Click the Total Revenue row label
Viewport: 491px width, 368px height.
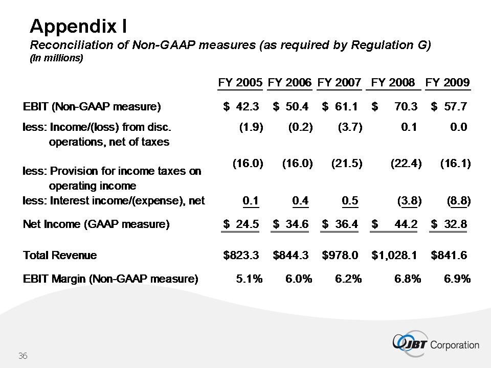pyautogui.click(x=60, y=255)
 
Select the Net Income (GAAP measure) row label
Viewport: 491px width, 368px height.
pyautogui.click(x=96, y=224)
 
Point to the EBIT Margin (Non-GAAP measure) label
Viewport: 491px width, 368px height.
pyautogui.click(x=110, y=279)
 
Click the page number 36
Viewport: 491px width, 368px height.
pyautogui.click(x=23, y=356)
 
